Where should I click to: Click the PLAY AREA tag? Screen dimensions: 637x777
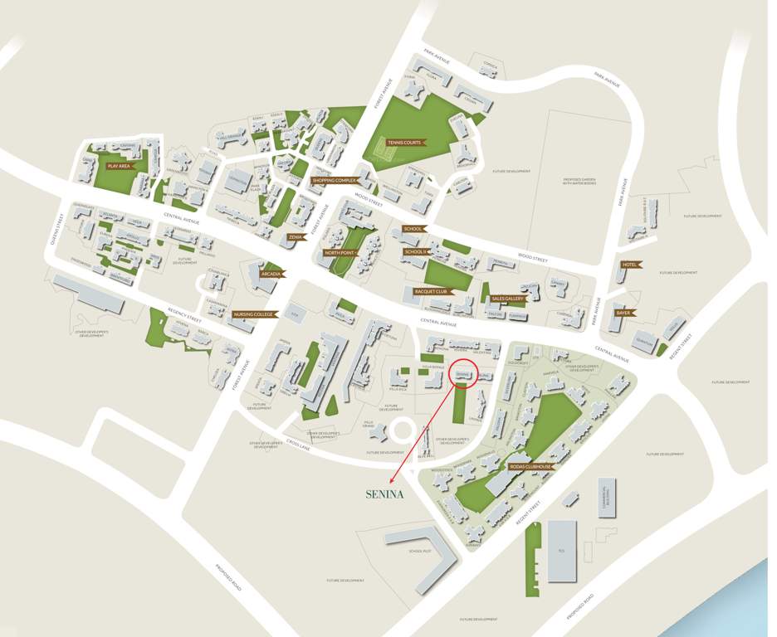[119, 166]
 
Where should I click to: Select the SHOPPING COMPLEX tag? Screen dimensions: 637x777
[335, 180]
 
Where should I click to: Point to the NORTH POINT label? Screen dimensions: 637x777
[340, 252]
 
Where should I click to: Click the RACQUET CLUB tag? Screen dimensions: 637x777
[432, 292]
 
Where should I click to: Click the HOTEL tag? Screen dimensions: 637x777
[628, 265]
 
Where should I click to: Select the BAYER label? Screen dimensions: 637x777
[623, 313]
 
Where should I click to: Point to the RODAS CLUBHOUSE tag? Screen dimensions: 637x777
[530, 467]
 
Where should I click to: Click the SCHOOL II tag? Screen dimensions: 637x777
[415, 251]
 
